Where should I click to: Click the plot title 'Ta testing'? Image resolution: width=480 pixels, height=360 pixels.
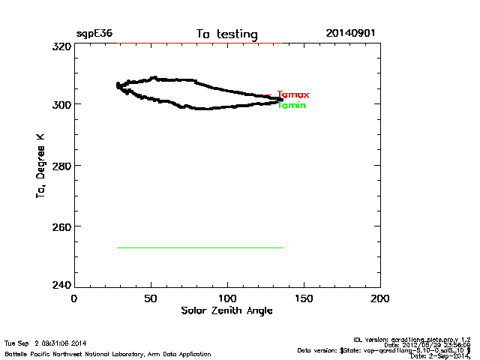pos(226,34)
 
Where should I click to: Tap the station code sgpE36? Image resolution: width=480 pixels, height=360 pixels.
pos(94,34)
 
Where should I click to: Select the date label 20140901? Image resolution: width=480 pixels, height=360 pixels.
pos(350,34)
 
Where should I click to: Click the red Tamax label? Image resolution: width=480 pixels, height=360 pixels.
pos(293,95)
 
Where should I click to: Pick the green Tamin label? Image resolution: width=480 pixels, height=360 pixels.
pos(292,106)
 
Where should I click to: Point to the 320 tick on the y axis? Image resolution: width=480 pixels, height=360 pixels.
pos(61,46)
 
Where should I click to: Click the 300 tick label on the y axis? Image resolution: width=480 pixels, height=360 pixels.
pos(61,104)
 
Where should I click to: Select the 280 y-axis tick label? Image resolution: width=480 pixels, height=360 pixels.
pos(61,165)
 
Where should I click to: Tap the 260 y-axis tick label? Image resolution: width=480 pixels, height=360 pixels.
pos(61,226)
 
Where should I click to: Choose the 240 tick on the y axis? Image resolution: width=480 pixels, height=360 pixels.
pos(61,285)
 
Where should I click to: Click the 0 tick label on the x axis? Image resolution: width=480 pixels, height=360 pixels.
pos(73,298)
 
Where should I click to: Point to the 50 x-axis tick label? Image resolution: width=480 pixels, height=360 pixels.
pos(150,298)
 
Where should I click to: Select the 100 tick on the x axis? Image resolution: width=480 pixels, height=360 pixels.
pos(227,298)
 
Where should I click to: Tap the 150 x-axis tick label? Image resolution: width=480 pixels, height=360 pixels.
pos(304,298)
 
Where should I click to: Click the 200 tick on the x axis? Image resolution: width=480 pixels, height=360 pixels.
pos(380,298)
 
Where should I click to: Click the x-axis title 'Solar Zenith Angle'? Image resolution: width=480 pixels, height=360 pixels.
pos(226,310)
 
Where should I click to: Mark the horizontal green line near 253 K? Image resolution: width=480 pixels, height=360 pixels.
pos(199,247)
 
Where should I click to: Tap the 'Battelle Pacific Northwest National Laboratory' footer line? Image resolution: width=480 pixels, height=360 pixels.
pos(107,353)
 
